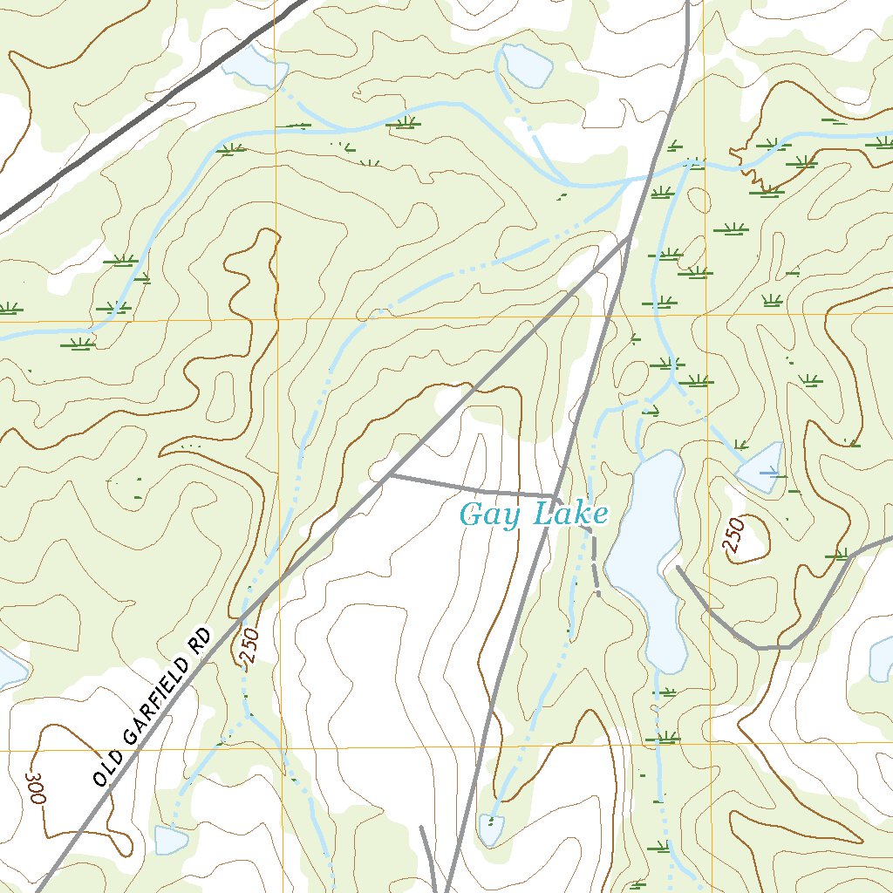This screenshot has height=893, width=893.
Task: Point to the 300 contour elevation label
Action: point(35,787)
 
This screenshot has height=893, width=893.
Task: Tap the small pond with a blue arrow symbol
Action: point(761,469)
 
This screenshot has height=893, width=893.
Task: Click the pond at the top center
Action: point(526,64)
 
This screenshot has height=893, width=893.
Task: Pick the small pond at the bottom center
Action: point(491,829)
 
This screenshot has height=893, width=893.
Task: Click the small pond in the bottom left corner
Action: point(170,840)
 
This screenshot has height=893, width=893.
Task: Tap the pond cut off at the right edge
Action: point(882,660)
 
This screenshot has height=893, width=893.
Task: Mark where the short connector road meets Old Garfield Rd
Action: point(389,475)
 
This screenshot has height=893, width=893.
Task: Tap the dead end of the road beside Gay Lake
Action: point(678,569)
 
